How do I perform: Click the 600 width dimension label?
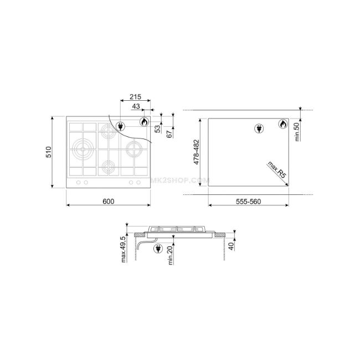(x=109, y=202)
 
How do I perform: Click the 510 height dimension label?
(x=49, y=152)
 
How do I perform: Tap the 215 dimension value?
(x=136, y=97)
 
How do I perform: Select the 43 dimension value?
(x=136, y=106)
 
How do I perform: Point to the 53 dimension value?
(x=157, y=129)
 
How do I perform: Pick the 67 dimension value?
(x=169, y=135)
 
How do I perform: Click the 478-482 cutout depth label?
(x=197, y=152)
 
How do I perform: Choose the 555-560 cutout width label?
(x=249, y=202)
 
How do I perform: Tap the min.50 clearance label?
(x=297, y=132)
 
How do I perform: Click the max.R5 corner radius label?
(x=277, y=169)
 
